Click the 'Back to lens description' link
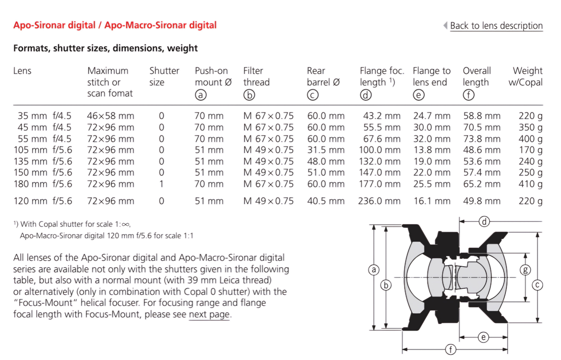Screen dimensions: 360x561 496,26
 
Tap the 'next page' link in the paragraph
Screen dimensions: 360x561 209,314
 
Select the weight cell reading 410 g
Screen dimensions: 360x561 530,184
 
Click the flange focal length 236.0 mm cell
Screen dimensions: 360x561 379,201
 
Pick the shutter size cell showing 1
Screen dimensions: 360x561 161,184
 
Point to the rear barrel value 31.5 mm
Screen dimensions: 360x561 326,150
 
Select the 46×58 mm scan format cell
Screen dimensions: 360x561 111,116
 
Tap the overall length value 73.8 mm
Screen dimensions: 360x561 482,139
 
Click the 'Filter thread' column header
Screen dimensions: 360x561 256,76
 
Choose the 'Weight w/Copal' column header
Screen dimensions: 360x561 525,76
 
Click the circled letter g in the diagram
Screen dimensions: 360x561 525,270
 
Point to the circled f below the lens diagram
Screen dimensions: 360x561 450,350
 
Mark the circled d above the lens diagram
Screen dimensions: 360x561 484,222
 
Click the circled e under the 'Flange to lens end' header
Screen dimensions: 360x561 419,95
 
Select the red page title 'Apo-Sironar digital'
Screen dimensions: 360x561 54,25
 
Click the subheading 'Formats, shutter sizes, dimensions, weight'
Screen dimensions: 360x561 105,48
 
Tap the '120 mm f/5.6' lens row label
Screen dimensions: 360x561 43,201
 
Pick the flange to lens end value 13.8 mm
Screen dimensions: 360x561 432,150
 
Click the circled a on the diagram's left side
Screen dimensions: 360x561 374,270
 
